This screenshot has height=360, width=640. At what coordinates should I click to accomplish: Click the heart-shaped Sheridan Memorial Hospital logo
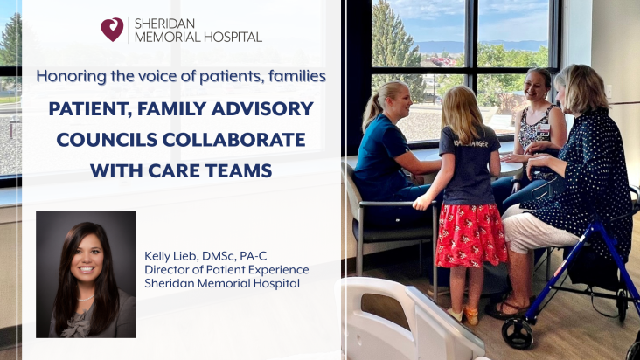pos(112,30)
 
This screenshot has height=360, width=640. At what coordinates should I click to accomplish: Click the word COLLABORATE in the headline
pos(233,140)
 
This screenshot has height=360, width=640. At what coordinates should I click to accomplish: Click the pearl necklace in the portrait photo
pos(87,299)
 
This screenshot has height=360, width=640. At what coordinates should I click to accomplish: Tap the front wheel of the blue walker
pos(517,332)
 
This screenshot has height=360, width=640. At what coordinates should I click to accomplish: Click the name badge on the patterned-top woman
pos(543,129)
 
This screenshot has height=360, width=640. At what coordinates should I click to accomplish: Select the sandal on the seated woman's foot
pos(505,309)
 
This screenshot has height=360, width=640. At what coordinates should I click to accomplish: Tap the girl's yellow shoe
pos(470,315)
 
